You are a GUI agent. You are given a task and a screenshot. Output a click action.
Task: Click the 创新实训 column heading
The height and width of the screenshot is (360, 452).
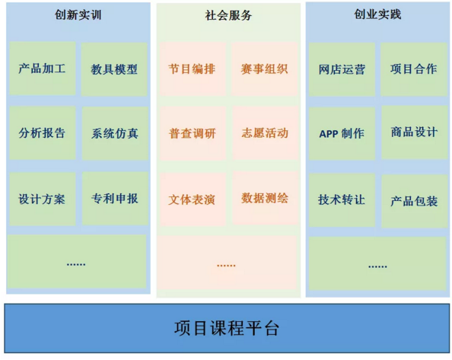pyautogui.click(x=78, y=14)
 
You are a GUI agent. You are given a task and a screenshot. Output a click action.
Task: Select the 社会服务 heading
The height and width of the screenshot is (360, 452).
pyautogui.click(x=228, y=15)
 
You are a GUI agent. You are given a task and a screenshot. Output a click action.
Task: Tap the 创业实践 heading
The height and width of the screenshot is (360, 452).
pyautogui.click(x=377, y=14)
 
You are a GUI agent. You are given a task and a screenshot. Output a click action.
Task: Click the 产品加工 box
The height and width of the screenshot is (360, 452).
pyautogui.click(x=43, y=68)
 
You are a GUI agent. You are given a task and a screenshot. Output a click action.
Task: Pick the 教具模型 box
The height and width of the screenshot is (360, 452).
pyautogui.click(x=114, y=69)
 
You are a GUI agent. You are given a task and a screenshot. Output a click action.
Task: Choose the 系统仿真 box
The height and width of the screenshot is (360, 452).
pyautogui.click(x=115, y=133)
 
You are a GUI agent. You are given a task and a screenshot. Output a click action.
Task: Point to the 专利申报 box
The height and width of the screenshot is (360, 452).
pyautogui.click(x=115, y=199)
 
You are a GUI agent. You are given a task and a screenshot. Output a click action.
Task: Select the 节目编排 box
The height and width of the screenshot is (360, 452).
pyautogui.click(x=193, y=69)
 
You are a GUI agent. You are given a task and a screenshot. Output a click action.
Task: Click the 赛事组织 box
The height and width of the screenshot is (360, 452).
pyautogui.click(x=264, y=69)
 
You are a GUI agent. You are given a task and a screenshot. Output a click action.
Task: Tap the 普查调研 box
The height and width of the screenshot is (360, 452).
pyautogui.click(x=193, y=133)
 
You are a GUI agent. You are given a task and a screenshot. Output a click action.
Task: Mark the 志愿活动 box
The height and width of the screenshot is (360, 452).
pyautogui.click(x=266, y=133)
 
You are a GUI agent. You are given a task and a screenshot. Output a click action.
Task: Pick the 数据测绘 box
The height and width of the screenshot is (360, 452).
pyautogui.click(x=266, y=199)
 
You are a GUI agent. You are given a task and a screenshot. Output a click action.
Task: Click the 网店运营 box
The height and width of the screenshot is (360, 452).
pyautogui.click(x=342, y=69)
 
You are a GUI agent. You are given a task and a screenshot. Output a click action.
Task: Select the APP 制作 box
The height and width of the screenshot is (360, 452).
pyautogui.click(x=342, y=134)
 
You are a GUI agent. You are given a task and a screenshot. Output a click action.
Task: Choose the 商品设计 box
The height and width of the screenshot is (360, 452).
pyautogui.click(x=415, y=132)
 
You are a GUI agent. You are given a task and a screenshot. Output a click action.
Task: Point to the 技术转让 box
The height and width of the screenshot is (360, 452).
pyautogui.click(x=342, y=199)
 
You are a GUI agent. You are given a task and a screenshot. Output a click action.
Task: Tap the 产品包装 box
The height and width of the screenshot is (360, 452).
pyautogui.click(x=415, y=201)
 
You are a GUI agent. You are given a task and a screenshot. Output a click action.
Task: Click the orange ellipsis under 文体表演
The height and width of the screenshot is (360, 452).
pyautogui.click(x=226, y=265)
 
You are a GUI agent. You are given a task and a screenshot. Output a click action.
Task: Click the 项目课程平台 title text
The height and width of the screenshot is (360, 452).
pyautogui.click(x=226, y=328)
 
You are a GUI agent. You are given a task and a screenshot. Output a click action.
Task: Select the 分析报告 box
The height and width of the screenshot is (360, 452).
pyautogui.click(x=43, y=133)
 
